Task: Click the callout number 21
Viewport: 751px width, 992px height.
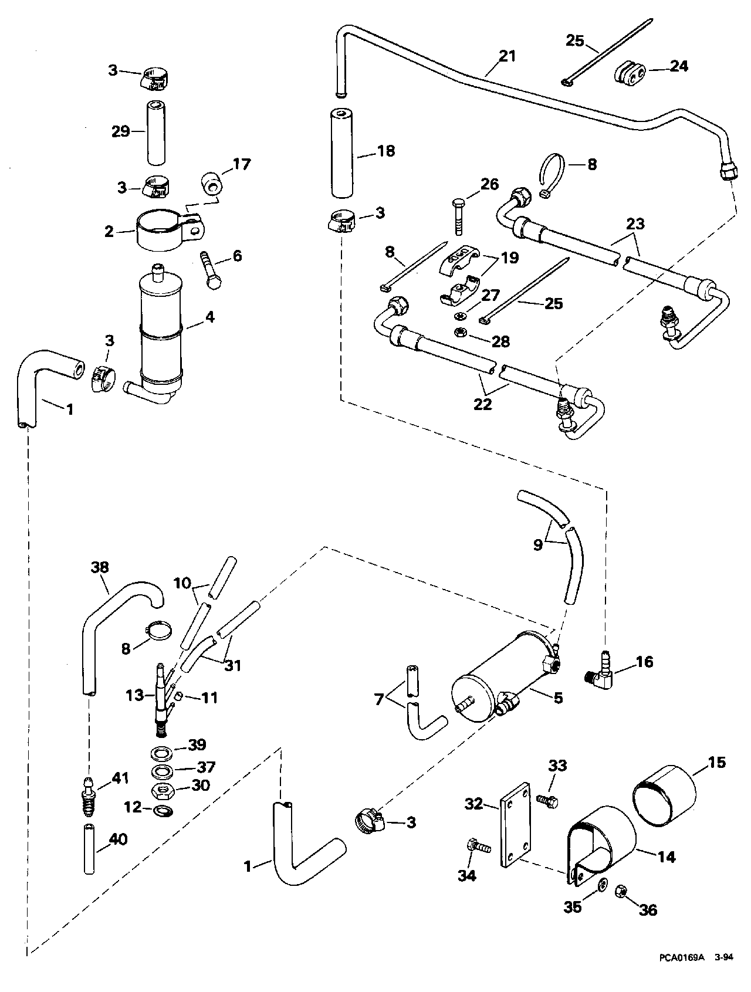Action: coord(508,56)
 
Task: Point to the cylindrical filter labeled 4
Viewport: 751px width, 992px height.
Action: coord(160,331)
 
